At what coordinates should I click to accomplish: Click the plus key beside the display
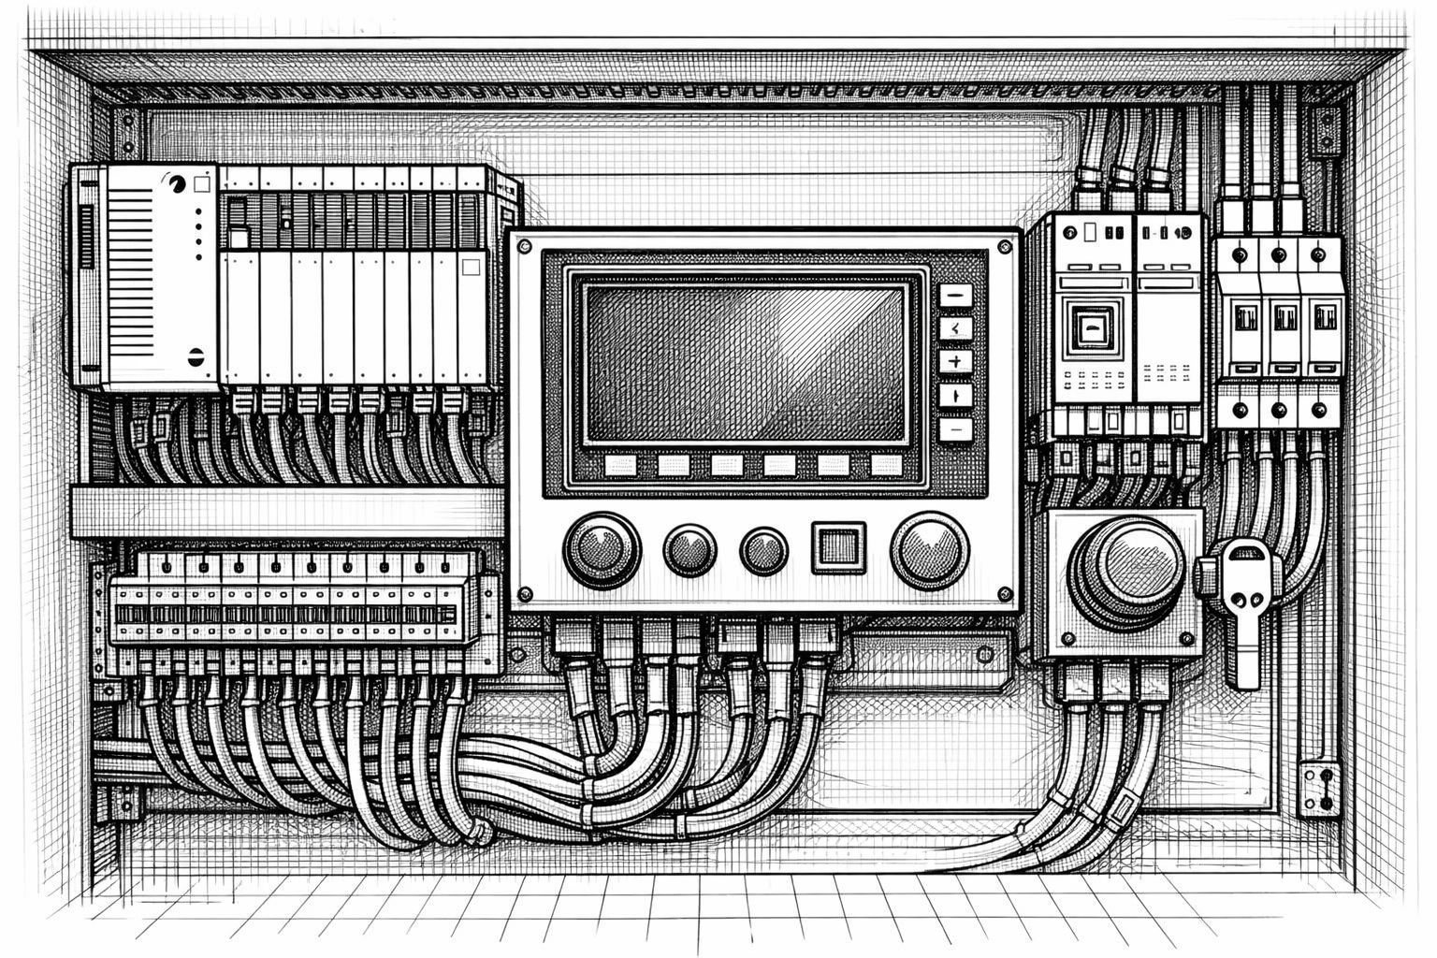[x=955, y=361]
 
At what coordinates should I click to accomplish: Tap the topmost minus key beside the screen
[x=955, y=296]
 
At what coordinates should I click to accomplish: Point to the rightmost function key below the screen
[x=885, y=465]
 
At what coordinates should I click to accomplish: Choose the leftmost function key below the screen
[x=620, y=465]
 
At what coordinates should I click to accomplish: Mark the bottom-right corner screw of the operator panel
[x=1005, y=593]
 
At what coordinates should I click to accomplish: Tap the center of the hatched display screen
[x=746, y=363]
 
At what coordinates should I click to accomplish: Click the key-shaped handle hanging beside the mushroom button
[x=1243, y=599]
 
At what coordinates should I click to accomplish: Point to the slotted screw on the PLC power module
[x=195, y=356]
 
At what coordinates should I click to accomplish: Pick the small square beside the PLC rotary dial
[x=200, y=185]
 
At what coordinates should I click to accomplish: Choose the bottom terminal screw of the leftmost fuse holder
[x=1241, y=409]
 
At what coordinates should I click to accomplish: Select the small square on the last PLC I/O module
[x=471, y=268]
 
